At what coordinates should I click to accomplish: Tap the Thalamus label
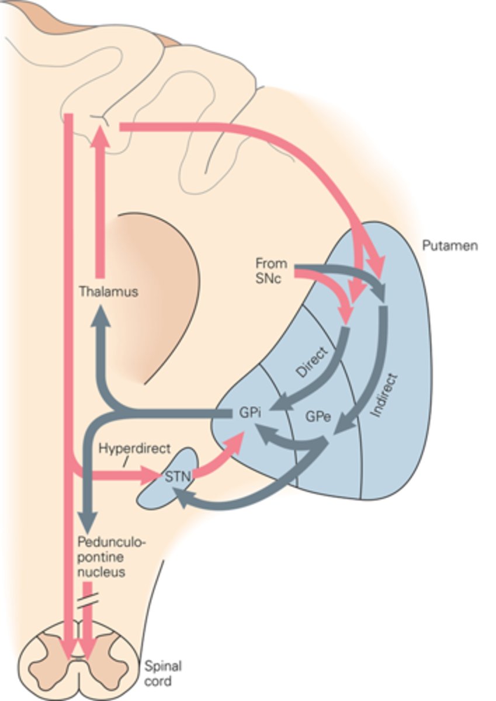[x=109, y=291]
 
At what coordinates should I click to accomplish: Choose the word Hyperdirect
[x=134, y=449]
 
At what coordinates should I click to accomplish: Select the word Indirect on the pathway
[x=384, y=394]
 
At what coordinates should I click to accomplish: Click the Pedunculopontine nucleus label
[x=111, y=556]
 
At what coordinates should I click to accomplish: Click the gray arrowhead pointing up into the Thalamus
[x=104, y=315]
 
